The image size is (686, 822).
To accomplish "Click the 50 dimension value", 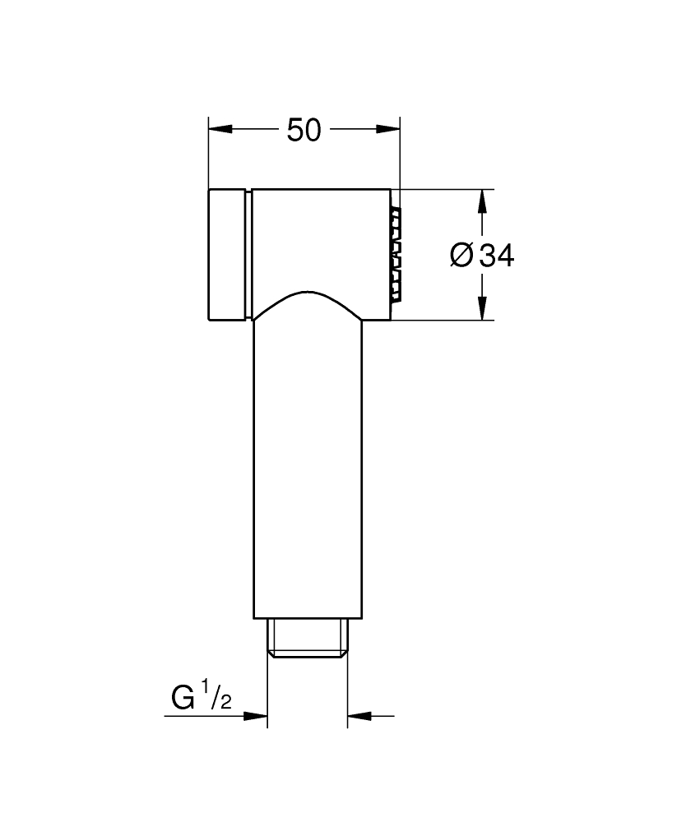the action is coord(304,130).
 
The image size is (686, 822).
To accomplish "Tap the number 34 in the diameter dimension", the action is coord(497,256).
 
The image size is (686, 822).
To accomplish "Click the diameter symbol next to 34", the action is coord(461,256).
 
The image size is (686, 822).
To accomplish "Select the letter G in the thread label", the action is coord(183,698).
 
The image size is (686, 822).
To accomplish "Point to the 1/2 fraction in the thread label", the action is coord(219,694).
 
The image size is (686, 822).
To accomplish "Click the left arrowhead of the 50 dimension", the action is coord(220,129).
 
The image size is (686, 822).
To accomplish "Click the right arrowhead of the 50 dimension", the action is coord(387,129).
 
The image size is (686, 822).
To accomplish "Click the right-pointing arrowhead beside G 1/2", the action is coord(256,715).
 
